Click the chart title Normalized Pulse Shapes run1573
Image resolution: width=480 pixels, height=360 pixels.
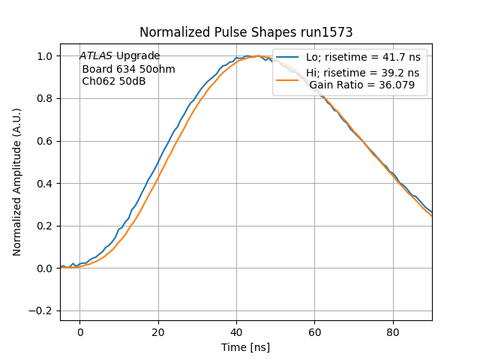246,32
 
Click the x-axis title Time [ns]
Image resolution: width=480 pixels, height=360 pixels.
245,347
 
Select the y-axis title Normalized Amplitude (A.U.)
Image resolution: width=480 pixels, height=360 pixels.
16,182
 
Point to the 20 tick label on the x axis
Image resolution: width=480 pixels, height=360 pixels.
158,332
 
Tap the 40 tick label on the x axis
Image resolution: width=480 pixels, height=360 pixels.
236,332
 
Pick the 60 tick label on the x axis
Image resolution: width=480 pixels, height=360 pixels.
315,332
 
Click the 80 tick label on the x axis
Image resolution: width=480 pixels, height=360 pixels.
393,332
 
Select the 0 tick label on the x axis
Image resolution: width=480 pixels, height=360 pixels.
79,332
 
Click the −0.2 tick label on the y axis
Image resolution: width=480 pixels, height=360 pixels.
43,310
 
